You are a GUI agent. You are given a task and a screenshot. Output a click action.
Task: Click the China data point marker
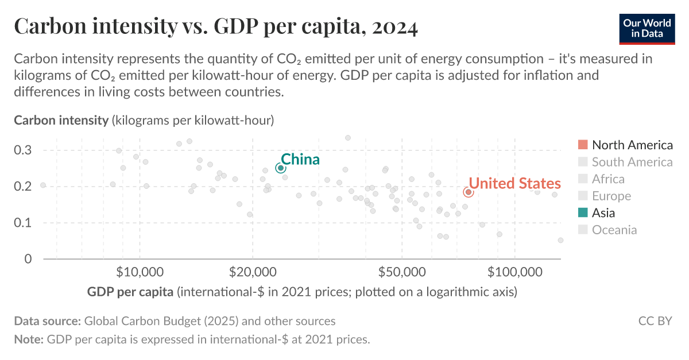point(281,168)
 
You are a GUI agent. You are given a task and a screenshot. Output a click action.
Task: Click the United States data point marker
point(468,192)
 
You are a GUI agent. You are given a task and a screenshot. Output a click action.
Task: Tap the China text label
point(300,159)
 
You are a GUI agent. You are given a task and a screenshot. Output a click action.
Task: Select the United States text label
point(514,183)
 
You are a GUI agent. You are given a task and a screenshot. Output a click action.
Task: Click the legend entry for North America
point(632,145)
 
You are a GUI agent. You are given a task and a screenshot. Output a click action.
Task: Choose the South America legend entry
point(632,162)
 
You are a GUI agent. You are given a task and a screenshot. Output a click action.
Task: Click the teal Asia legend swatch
point(583,213)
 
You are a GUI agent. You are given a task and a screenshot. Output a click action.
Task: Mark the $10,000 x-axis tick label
point(140,271)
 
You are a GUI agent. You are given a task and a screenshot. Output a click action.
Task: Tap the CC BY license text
point(655,321)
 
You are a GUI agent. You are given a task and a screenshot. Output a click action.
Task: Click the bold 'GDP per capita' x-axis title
point(130,292)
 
